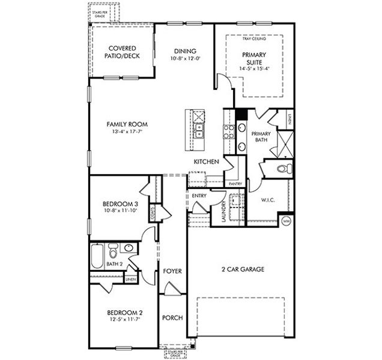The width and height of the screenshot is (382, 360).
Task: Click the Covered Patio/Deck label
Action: [122, 52]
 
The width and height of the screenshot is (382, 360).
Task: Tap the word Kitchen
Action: [205, 162]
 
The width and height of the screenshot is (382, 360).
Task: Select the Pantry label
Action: [235, 184]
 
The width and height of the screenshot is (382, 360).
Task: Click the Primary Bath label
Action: [260, 137]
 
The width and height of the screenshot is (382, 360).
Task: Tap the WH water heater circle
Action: [286, 221]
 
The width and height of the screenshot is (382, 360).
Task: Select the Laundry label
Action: [223, 211]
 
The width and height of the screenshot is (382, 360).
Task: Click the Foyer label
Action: [172, 271]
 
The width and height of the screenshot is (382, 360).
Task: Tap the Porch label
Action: [172, 318]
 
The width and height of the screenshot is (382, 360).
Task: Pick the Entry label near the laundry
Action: [199, 196]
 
